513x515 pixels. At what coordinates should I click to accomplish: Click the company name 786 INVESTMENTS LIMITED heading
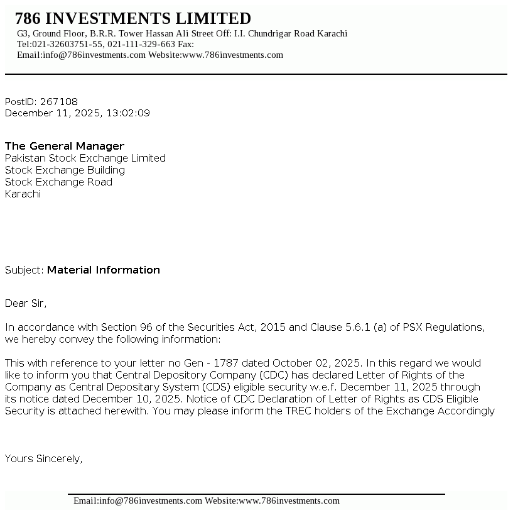[x=133, y=19]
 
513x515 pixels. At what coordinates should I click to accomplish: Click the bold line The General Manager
[x=65, y=147]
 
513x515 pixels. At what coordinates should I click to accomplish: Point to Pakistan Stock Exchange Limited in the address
[x=85, y=158]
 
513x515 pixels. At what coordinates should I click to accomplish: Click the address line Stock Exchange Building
[x=65, y=170]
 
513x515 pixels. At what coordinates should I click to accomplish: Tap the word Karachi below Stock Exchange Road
[x=23, y=194]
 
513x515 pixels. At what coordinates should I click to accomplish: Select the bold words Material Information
[x=104, y=270]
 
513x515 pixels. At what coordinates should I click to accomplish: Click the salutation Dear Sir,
[x=26, y=304]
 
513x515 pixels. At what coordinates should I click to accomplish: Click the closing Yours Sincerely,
[x=44, y=459]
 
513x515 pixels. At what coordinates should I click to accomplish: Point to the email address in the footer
[x=138, y=501]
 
